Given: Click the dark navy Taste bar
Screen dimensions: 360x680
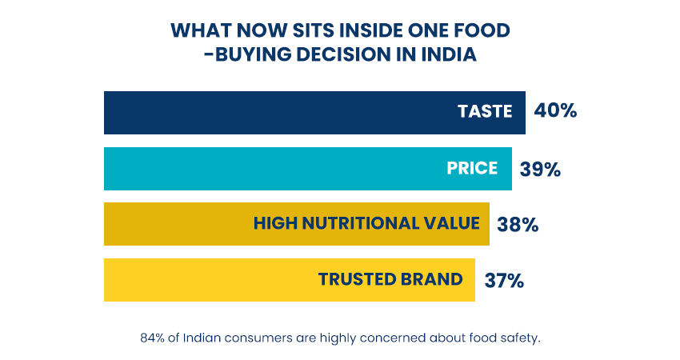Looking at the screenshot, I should coord(272,112).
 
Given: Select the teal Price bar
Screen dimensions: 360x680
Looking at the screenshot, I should coord(264,168).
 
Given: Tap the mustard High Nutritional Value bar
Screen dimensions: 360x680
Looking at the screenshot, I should coord(176,224).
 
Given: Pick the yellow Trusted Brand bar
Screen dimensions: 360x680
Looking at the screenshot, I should coord(208,280).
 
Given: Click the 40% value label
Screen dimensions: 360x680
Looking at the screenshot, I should coord(555,111).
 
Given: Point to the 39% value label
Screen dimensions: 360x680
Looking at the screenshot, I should coord(540,169).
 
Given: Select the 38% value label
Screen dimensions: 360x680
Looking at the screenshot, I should coord(518,225).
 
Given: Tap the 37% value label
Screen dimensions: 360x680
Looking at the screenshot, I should coord(504,280).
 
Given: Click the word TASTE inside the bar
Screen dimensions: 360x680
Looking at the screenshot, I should coord(485,112).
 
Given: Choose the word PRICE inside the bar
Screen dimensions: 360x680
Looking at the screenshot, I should coord(472,168).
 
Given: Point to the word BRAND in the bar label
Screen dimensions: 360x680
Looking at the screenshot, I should coord(432,280).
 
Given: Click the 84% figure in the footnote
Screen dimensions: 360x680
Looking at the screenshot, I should coord(150,338).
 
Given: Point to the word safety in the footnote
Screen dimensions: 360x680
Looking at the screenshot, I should coord(519,338).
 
